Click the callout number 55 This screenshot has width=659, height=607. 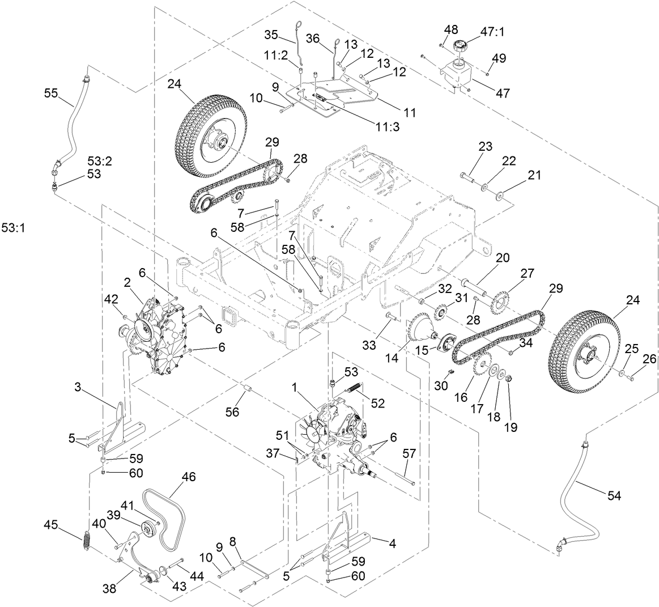click(51, 93)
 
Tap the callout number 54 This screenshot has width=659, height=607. click(614, 495)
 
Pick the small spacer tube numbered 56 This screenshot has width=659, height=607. click(248, 390)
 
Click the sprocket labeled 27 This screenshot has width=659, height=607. click(500, 296)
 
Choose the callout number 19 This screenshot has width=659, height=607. click(511, 427)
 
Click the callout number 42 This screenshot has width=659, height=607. click(110, 299)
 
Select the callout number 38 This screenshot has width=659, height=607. click(110, 589)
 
